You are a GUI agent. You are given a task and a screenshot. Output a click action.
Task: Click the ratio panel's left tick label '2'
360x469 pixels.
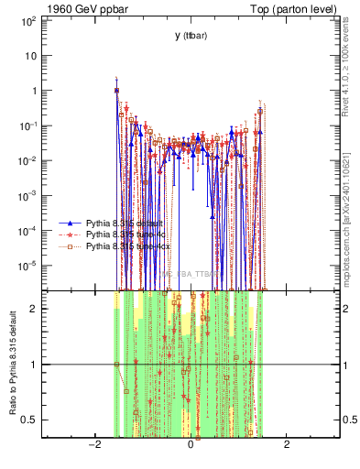click(x=33, y=309)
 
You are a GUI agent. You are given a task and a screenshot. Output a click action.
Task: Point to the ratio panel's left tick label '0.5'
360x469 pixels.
click(x=28, y=420)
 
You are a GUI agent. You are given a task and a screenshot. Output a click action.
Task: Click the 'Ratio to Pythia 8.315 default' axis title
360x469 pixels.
click(x=11, y=363)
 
